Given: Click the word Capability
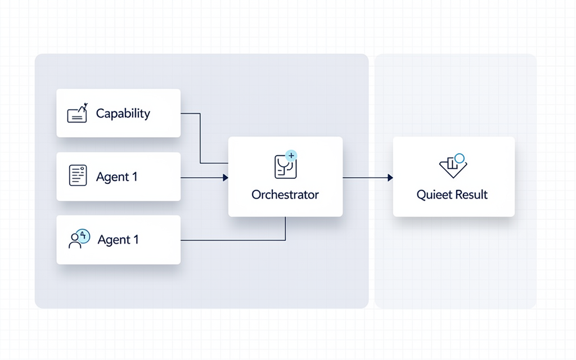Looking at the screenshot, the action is coord(123,114).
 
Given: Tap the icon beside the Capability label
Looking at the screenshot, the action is coord(78,112).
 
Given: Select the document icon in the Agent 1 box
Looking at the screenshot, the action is coord(78,175).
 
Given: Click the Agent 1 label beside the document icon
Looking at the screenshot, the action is coord(117,177).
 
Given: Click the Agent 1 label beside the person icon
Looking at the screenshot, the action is coord(118,240).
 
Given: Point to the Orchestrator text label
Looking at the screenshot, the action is coord(285,194).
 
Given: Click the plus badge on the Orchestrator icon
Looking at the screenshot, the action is coord(291,156).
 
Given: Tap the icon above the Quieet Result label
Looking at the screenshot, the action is coord(453,166).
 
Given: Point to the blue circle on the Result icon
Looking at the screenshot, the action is coord(460,158).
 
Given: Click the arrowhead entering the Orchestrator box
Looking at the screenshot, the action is coord(226,178).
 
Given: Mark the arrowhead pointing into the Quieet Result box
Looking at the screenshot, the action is coord(390,178).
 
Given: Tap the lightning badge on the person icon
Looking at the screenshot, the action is coord(84,236).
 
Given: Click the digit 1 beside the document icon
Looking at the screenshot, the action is coord(135,177).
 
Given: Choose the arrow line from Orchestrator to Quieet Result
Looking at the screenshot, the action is coord(368,178).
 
